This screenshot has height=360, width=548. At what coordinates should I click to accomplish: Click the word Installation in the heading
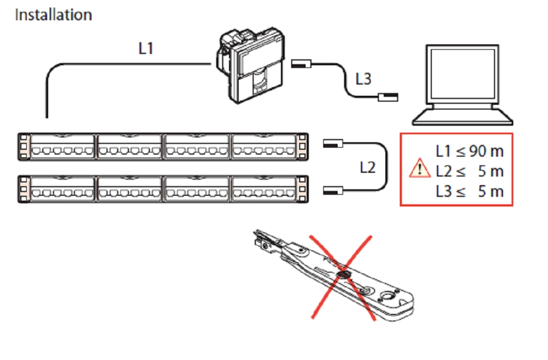coord(53,14)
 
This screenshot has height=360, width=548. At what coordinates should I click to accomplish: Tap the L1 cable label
coord(146,48)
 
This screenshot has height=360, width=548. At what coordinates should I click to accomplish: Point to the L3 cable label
coord(363,79)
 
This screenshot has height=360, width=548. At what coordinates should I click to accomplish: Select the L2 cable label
coord(367,167)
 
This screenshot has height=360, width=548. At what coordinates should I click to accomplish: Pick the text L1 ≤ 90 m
coord(469,151)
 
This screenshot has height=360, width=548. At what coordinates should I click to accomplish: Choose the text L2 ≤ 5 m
coord(469,171)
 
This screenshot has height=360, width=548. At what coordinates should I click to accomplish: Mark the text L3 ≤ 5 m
coord(469,191)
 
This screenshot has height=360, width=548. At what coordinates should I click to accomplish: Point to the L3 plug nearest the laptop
coord(387,97)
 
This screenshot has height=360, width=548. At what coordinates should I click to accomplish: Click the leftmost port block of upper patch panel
coord(62,147)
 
